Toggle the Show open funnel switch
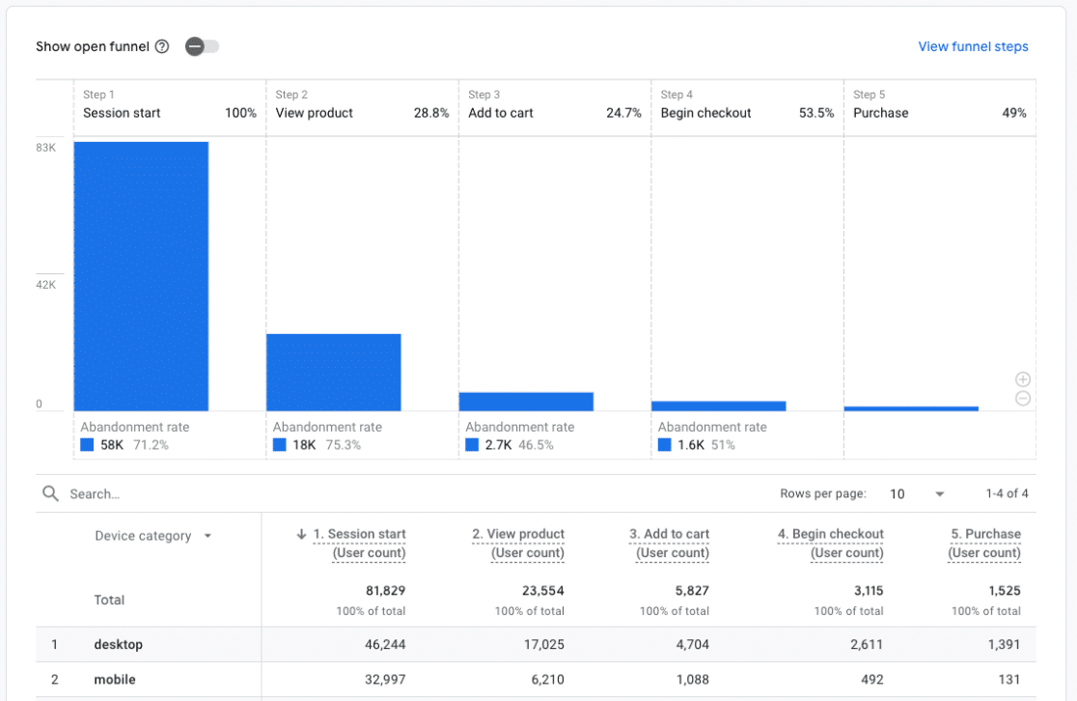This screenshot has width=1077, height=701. pos(202,46)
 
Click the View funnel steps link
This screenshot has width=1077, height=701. pos(973,46)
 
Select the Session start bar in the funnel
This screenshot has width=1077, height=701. pos(141,276)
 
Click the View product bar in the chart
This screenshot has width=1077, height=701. pos(333,372)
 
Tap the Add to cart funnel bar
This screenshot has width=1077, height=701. pos(526,402)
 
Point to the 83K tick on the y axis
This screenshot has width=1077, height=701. pos(46,148)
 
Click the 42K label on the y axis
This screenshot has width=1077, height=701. pos(46,285)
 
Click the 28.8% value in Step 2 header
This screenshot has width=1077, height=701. pos(431,113)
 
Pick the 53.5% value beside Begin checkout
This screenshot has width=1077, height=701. pos(815,113)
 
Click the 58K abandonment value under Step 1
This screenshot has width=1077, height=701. pos(113,445)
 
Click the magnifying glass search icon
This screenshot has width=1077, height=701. pos(51,493)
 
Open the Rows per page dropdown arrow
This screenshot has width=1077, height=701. pos(939,494)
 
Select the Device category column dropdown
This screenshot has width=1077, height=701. pos(207,536)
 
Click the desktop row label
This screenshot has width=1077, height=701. pos(118,644)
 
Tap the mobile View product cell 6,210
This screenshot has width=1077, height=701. pos(544,680)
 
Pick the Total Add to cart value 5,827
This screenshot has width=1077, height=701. pos(688,591)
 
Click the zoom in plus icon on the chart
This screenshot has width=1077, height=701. pos(1023,379)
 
